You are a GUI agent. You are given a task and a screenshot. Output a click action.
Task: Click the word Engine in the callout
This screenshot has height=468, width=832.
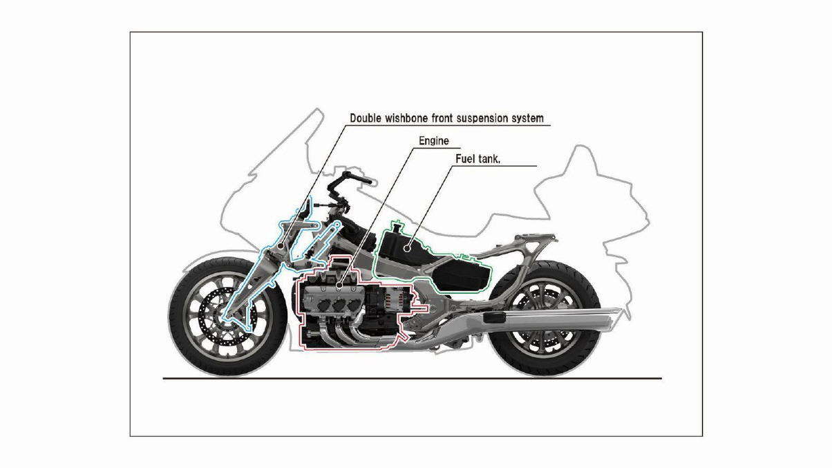click(433, 141)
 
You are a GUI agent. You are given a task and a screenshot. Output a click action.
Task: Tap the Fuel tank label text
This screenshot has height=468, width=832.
click(478, 159)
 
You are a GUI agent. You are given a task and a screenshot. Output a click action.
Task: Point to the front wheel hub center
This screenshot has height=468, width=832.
click(225, 317)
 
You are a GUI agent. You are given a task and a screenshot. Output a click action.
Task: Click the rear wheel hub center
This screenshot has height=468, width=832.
click(543, 318)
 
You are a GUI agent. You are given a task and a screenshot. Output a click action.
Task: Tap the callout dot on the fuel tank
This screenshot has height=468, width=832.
click(407, 248)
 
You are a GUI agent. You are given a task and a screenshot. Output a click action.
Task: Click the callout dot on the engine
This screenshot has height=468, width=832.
click(339, 286)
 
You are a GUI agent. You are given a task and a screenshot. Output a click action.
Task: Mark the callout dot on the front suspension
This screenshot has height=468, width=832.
click(281, 245)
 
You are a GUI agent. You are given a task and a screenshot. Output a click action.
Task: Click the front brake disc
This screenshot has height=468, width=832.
click(227, 317)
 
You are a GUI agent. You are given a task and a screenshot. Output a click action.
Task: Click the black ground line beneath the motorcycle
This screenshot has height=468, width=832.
click(413, 379)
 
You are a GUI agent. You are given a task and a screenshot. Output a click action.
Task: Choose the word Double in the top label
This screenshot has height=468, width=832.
click(366, 118)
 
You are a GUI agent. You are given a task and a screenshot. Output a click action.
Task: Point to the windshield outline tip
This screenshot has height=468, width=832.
click(318, 109)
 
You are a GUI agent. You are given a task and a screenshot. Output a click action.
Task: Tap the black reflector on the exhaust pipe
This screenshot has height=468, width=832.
click(494, 318)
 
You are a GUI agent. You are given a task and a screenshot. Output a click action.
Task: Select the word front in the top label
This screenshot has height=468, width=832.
click(442, 118)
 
